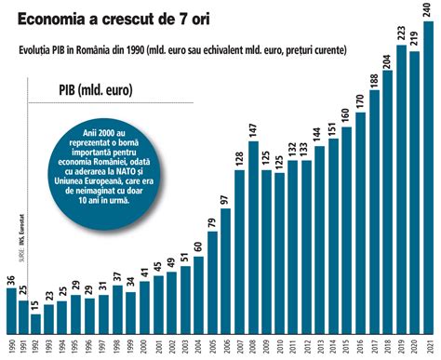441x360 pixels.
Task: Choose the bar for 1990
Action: pyautogui.click(x=10, y=312)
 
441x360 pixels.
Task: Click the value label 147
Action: pyautogui.click(x=253, y=129)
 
